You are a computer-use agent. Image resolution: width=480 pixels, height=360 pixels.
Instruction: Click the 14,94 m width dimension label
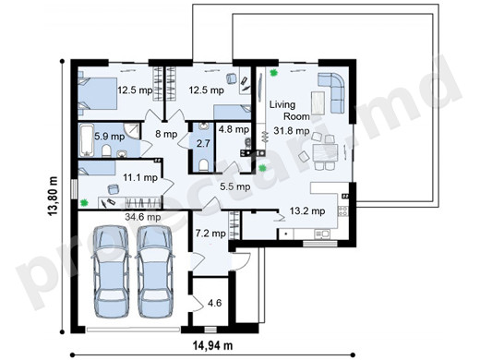[x=212, y=345]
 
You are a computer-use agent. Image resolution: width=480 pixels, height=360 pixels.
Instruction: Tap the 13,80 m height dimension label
[x=54, y=196]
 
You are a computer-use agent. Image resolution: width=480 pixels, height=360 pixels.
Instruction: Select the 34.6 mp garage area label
[x=143, y=217]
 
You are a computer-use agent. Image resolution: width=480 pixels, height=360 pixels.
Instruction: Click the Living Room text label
[x=290, y=111]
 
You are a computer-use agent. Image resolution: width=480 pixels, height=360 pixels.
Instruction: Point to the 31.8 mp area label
[x=292, y=131]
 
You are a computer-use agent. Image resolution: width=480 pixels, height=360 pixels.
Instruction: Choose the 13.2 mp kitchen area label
[x=307, y=211]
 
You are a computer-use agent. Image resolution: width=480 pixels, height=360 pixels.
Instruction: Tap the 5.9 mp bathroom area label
[x=109, y=137]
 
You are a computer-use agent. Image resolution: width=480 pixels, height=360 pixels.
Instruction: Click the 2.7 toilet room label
[x=203, y=143]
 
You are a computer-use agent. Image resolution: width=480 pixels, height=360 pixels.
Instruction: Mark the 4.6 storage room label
[x=214, y=303]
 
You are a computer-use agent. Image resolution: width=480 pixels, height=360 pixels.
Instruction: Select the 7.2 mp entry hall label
[x=210, y=234]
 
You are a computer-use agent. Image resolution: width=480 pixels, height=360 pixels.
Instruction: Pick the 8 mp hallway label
[x=166, y=134]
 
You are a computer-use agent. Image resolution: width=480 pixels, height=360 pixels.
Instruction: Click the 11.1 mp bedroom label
[x=140, y=177]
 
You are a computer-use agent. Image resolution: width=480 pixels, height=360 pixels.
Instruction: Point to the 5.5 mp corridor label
[x=235, y=186]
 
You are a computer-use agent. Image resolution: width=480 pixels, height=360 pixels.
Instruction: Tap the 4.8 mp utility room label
[x=234, y=129]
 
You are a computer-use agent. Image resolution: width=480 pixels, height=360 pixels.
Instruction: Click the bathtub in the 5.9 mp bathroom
[x=87, y=140]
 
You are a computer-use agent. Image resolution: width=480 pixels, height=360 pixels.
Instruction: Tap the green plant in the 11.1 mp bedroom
[x=84, y=202]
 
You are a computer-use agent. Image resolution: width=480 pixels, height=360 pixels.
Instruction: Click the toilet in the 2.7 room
[x=203, y=165]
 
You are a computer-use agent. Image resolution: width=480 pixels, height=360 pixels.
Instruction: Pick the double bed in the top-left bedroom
[x=97, y=93]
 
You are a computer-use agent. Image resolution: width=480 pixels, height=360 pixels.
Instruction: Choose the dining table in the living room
[x=325, y=152]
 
